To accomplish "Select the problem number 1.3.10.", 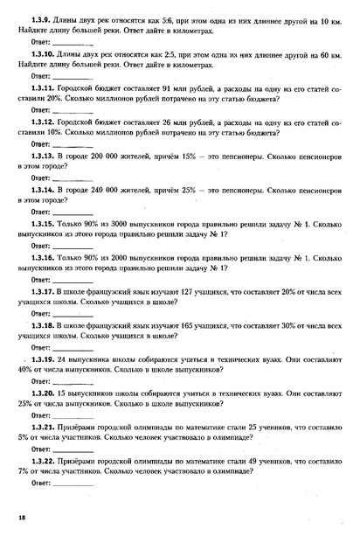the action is pos(42,55).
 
